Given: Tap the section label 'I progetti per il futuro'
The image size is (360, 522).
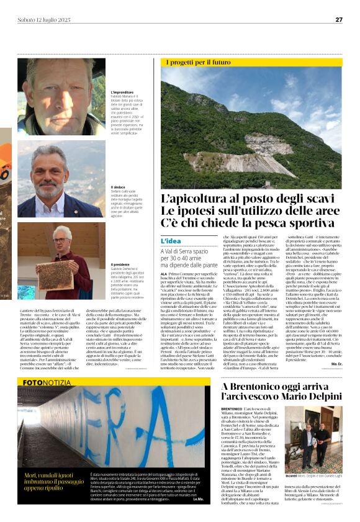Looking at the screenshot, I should point(198,62).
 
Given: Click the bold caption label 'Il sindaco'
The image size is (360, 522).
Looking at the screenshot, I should point(118,187).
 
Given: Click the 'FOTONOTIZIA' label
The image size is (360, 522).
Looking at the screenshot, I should point(48,383).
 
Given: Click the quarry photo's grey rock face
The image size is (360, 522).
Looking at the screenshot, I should point(248,155).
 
